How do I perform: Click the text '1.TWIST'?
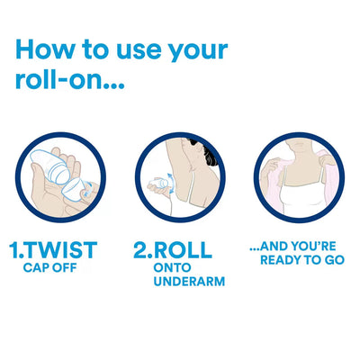52,249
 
